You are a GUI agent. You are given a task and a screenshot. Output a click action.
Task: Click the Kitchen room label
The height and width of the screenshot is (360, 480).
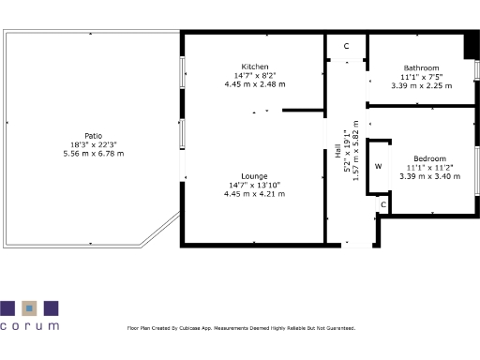pos(254,67)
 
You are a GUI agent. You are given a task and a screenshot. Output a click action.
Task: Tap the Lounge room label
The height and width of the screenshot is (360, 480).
pos(254,176)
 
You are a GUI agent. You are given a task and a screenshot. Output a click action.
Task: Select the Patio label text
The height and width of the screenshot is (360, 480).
pos(93,135)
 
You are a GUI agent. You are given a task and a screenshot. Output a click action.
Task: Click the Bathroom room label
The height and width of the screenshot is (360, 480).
pos(421,67)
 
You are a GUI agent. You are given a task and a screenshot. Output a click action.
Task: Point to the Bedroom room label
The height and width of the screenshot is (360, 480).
pos(429,158)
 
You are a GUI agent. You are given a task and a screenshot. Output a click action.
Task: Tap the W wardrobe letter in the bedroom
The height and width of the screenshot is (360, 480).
pos(379,167)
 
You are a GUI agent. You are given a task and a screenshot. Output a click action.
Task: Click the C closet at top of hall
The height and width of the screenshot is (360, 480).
pos(345,46)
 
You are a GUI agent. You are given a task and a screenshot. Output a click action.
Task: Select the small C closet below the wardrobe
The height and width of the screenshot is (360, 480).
pos(383,203)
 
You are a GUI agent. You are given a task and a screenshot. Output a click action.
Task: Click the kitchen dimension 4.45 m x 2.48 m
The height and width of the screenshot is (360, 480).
pos(254,84)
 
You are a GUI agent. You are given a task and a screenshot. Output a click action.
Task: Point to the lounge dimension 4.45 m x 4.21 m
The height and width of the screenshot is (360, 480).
pos(254,194)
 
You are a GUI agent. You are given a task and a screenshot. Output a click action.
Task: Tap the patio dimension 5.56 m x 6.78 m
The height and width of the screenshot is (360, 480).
pos(93,153)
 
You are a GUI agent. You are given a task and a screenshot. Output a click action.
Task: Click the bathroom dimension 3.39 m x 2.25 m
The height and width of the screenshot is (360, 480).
pos(421,84)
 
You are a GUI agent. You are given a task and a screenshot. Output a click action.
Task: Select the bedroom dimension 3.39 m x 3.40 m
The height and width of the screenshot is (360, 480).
pos(429,175)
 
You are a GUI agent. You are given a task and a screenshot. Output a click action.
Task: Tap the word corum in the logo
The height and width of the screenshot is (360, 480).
pos(29,326)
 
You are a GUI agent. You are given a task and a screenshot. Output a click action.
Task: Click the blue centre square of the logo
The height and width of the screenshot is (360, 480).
pos(29,307)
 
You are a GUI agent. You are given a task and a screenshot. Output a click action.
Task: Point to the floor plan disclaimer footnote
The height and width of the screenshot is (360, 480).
pos(241,329)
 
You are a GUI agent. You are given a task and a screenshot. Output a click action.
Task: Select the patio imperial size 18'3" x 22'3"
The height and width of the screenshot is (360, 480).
pos(93,144)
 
